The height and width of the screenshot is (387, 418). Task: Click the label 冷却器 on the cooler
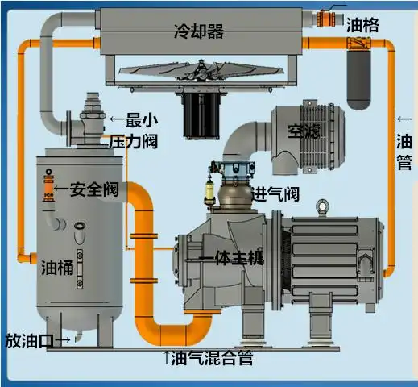198,31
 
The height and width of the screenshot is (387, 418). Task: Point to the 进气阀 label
276,193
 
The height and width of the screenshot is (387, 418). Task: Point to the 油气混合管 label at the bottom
213,357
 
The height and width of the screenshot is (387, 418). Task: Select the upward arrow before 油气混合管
167,356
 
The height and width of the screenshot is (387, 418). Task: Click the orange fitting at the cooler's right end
329,17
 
